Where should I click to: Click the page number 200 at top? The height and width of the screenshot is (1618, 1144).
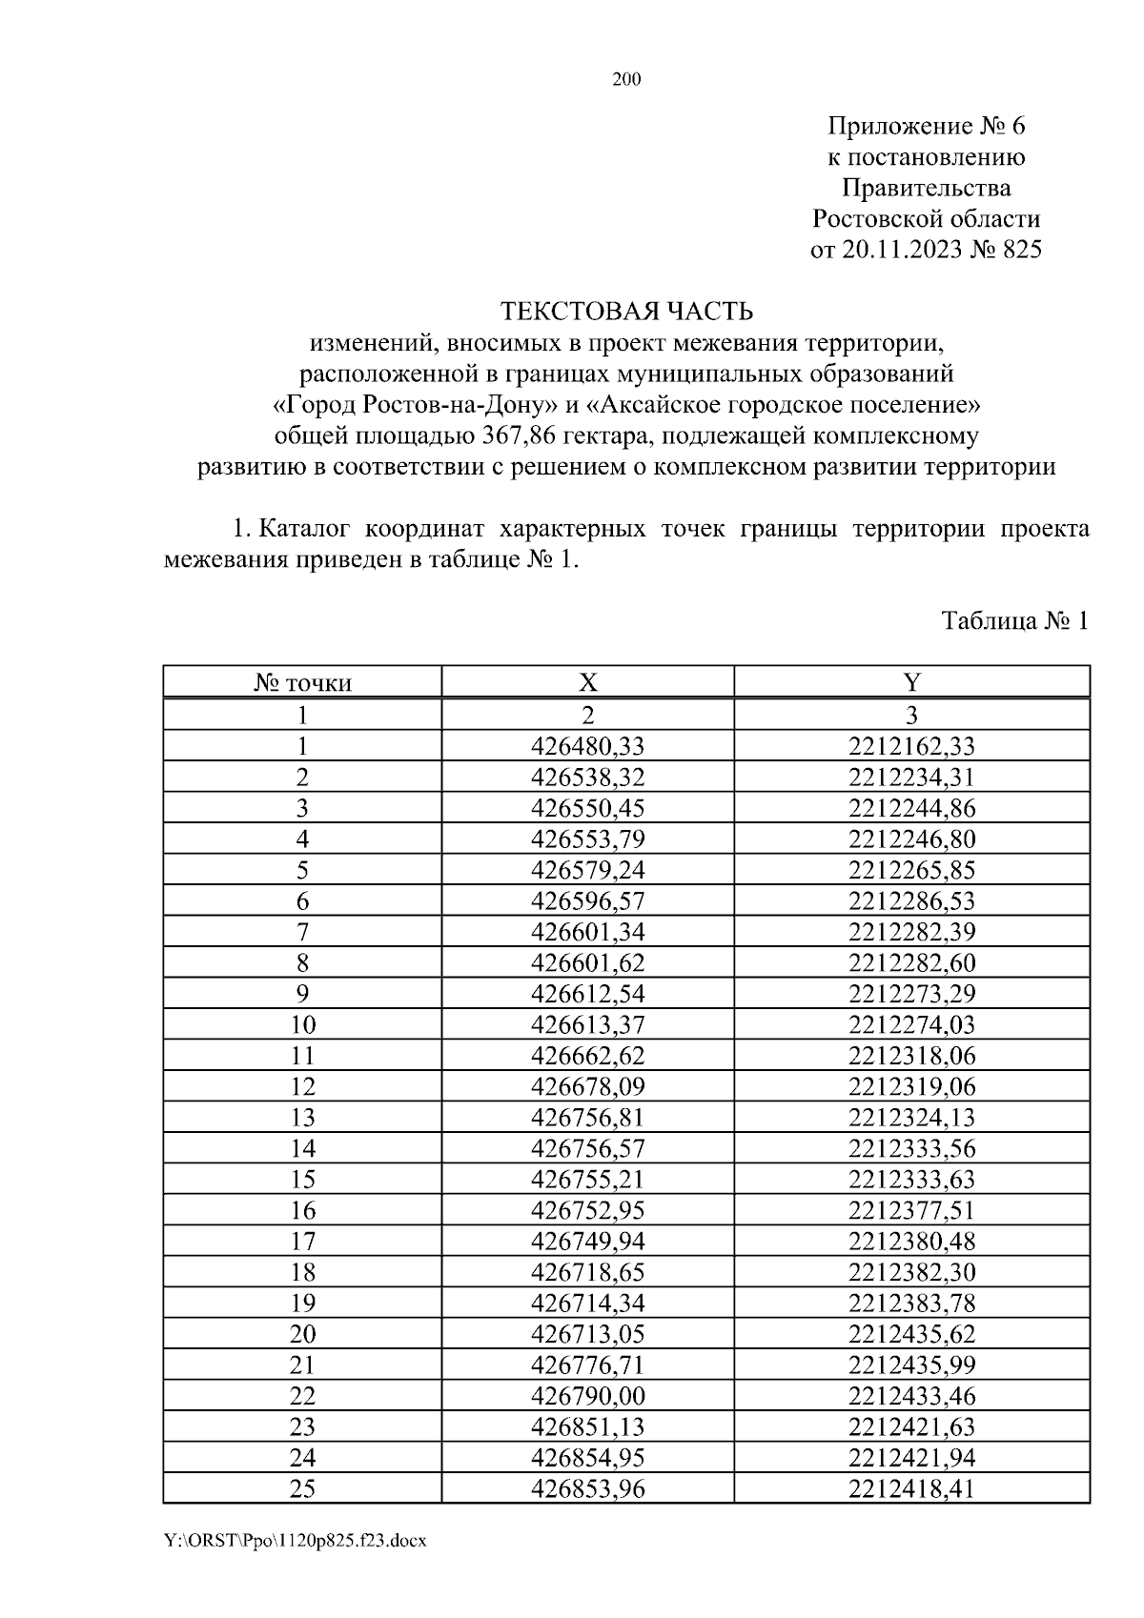point(625,80)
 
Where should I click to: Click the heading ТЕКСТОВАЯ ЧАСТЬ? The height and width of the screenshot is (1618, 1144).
point(626,312)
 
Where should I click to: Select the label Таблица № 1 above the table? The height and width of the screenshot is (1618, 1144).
point(1014,621)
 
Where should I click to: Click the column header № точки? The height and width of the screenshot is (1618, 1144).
point(302,683)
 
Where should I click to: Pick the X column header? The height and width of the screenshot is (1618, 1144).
point(587,682)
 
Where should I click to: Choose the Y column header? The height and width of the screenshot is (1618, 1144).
point(911,682)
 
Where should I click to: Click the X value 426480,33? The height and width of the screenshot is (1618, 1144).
point(587,746)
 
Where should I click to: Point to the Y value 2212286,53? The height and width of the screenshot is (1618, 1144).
point(911,900)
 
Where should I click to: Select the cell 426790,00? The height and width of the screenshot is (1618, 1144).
point(587,1396)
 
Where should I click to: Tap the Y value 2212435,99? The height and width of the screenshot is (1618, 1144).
point(911,1365)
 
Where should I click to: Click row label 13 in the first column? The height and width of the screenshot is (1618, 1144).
point(302,1118)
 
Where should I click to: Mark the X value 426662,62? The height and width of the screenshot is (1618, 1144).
point(587,1056)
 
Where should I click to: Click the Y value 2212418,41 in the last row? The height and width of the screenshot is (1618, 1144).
point(911,1488)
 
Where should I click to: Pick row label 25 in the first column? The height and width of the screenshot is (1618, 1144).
point(302,1488)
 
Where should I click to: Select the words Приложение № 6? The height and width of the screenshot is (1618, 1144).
point(926,126)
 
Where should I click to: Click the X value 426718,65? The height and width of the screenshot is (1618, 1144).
point(587,1272)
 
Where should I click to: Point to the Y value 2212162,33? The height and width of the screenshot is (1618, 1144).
point(911,746)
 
